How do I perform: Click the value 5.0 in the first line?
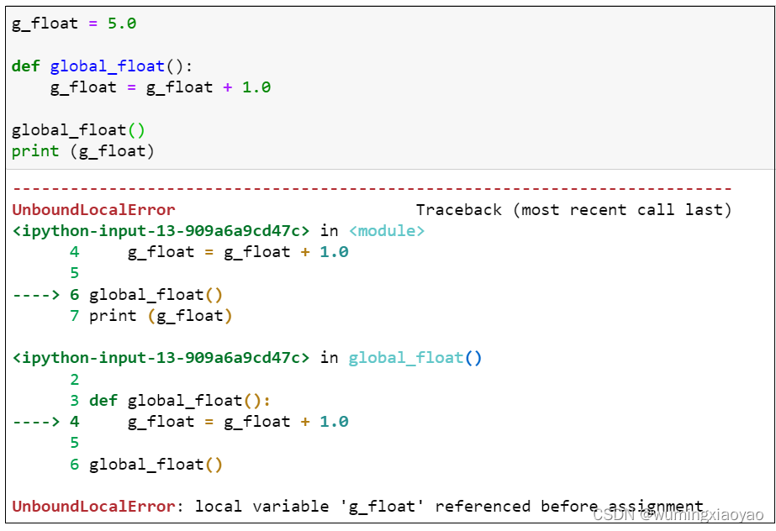(x=122, y=24)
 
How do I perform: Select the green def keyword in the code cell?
(x=25, y=66)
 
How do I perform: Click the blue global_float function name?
(x=108, y=66)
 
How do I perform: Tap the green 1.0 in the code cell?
(x=256, y=87)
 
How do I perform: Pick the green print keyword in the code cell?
(x=35, y=150)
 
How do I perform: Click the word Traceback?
(x=459, y=210)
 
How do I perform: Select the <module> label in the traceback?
(x=387, y=231)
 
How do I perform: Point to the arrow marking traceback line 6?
(x=35, y=295)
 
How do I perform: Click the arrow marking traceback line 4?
(x=35, y=422)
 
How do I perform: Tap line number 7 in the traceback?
(x=74, y=315)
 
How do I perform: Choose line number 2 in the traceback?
(x=74, y=379)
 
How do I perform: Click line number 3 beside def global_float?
(x=74, y=400)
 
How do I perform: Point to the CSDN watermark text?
(x=678, y=514)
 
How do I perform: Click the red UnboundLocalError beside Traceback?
(x=93, y=210)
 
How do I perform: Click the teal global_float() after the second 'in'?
(x=414, y=358)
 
